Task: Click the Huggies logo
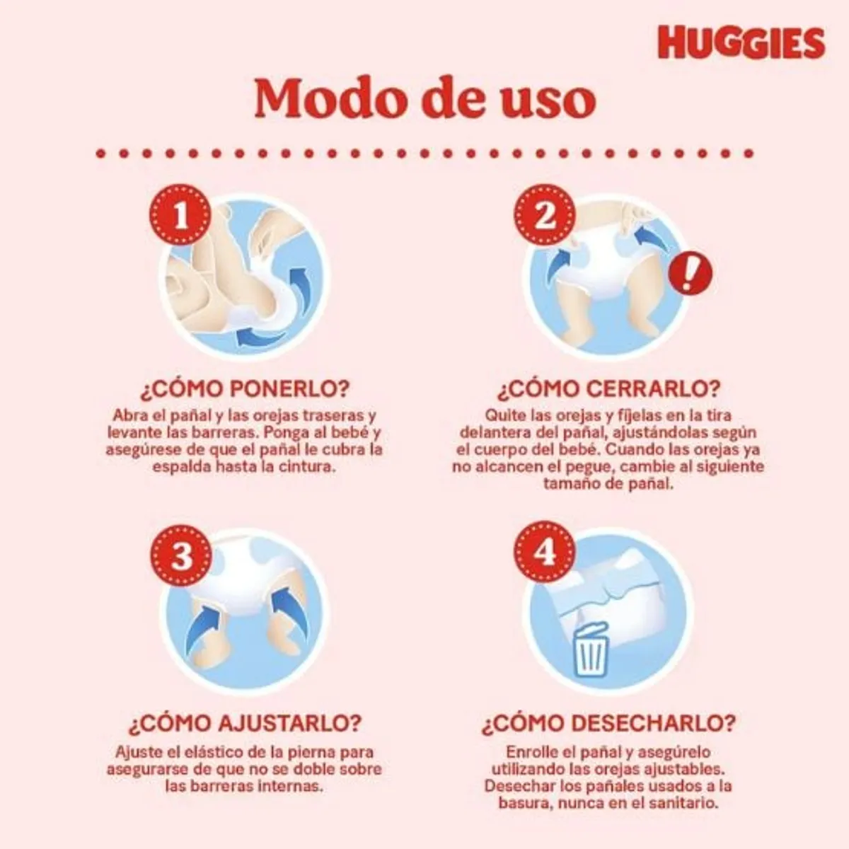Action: pos(741,43)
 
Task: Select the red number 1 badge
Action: pos(181,216)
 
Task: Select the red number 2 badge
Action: pos(544,216)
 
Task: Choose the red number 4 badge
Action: pos(544,554)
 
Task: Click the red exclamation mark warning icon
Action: pos(691,273)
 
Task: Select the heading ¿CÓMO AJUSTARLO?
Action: pos(245,724)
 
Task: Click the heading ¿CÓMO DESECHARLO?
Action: pos(608,724)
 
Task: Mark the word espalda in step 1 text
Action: pos(180,467)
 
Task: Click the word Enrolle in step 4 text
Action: pos(531,752)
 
